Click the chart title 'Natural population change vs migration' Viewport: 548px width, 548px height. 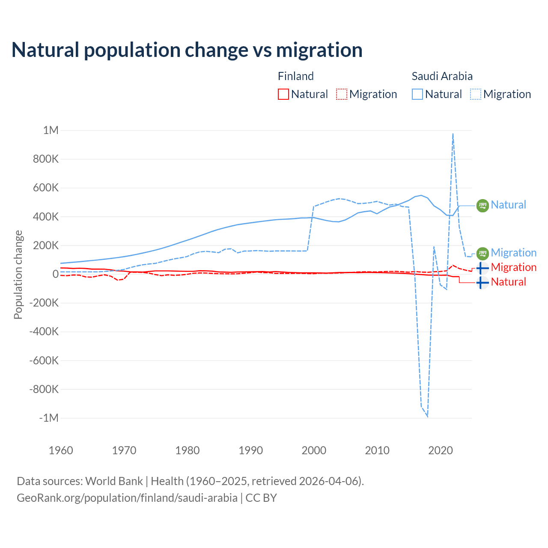pos(187,50)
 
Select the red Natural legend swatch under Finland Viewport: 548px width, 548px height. pos(283,94)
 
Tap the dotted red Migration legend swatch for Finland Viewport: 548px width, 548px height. pos(342,94)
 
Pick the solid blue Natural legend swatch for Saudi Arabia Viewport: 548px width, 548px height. pos(417,94)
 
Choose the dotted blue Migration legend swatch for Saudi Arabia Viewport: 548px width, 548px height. pos(476,94)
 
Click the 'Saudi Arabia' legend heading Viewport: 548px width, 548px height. pos(442,76)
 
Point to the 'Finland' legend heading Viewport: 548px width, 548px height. pos(296,76)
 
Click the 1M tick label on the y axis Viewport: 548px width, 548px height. pos(51,130)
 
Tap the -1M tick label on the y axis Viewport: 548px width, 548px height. pos(48,418)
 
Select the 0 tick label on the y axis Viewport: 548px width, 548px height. pos(55,274)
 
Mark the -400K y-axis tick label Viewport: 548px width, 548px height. pos(44,331)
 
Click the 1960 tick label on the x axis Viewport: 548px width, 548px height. pos(61,450)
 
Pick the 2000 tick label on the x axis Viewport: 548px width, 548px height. pos(314,450)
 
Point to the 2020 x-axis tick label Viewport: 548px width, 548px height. pos(441,450)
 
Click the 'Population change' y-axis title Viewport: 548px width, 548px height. pos(18,274)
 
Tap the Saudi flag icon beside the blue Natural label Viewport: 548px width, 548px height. pos(482,205)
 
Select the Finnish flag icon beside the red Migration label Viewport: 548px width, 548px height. pos(482,268)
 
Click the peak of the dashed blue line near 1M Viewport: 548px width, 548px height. pos(453,134)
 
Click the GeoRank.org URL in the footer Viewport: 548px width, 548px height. pos(127,498)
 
